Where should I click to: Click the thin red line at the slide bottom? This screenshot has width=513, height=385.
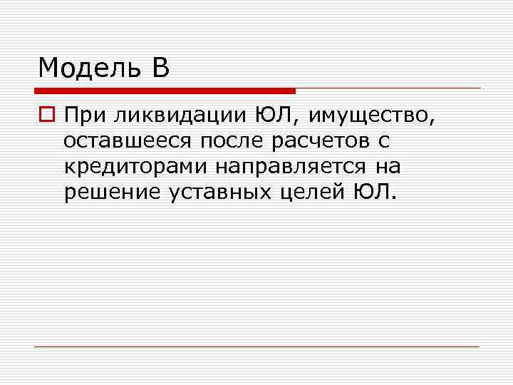pos(256,346)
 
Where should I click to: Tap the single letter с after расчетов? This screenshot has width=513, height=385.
pos(384,141)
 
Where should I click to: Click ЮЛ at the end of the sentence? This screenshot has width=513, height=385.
pos(370,192)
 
